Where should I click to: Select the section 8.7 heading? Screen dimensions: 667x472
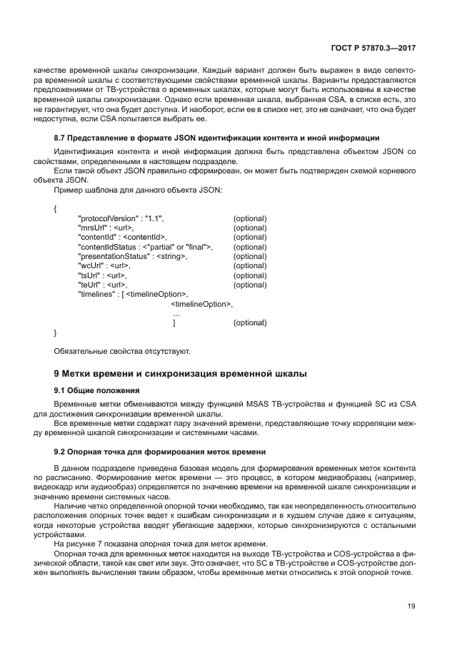point(216,136)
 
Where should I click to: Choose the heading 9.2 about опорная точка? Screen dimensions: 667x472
point(160,452)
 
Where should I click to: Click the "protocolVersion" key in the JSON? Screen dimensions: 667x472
point(104,218)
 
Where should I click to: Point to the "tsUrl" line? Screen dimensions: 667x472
point(103,275)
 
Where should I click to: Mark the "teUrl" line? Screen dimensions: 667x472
point(103,285)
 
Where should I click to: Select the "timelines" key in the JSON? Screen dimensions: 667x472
point(96,294)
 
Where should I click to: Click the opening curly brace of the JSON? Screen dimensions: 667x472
point(56,208)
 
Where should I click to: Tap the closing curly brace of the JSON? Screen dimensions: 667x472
point(56,332)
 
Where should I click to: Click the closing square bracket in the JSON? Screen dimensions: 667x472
point(174,322)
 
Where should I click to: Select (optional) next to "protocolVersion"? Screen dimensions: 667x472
point(250,218)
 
